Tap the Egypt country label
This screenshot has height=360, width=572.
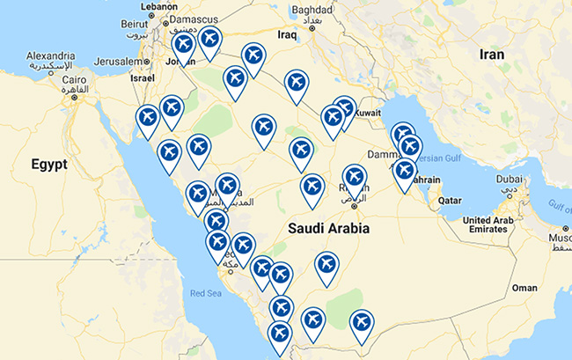tap(48, 164)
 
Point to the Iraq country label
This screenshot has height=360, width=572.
tap(287, 35)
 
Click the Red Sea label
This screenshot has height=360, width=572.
tap(208, 293)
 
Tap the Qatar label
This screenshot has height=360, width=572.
tap(450, 201)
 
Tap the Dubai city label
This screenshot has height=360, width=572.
tap(508, 176)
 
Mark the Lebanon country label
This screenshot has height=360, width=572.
tap(158, 5)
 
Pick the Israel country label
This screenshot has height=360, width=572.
tap(142, 77)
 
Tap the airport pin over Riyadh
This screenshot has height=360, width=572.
tap(355, 177)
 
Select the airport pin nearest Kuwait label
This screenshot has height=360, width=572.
tap(343, 108)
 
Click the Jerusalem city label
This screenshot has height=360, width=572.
tap(116, 62)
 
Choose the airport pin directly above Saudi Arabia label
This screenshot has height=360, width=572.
tap(312, 187)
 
